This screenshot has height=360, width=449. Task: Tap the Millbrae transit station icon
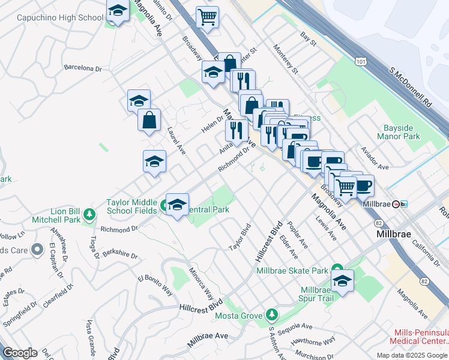tap(400, 204)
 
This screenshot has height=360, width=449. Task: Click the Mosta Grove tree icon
tap(272, 314)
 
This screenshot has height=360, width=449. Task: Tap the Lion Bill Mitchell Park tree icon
tap(89, 214)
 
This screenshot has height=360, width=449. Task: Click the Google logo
tap(20, 352)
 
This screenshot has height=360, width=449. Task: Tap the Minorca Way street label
tap(201, 289)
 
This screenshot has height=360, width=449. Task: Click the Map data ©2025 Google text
tap(411, 355)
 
